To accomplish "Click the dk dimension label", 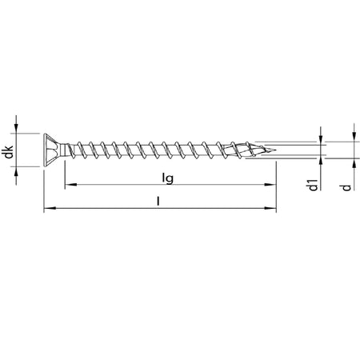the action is [9, 152].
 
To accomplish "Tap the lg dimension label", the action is [168, 178].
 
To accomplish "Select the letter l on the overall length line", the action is [158, 202].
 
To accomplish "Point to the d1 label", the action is [313, 185].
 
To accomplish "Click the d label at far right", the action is [346, 187].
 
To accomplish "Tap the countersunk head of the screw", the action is [52, 150].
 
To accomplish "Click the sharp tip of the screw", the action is [275, 150].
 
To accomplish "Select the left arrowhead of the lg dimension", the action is [70, 184].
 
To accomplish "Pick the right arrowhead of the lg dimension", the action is [270, 184].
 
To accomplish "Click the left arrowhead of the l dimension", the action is [50, 208].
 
